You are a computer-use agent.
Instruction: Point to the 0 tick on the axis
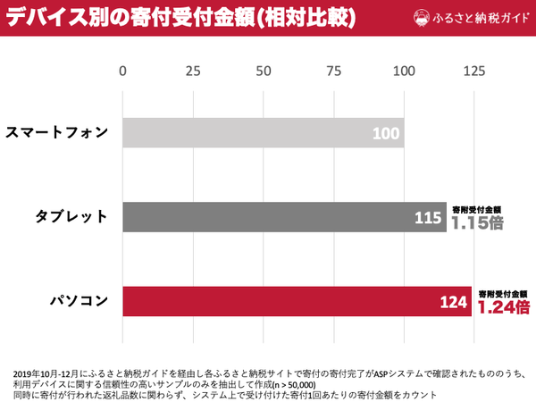123,71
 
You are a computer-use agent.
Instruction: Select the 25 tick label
192,71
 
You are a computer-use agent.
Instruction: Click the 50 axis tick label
263,71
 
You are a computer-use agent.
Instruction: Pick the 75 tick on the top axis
333,71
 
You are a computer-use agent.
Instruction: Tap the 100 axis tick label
404,71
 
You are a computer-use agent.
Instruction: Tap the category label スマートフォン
57,133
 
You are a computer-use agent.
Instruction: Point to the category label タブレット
71,217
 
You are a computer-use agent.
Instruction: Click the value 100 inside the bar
385,134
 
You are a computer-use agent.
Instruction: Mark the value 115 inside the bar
428,217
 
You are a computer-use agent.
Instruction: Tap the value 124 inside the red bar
454,302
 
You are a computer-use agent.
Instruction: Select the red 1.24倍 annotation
502,307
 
